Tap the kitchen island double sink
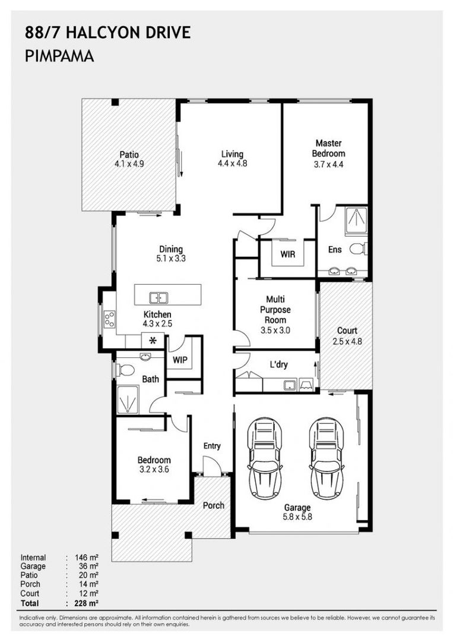tap(158, 298)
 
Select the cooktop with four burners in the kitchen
tap(110, 319)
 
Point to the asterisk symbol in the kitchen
tap(153, 340)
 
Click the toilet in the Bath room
tap(125, 370)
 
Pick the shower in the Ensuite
tap(356, 222)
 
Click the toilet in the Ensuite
tap(359, 248)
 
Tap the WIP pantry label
tap(180, 360)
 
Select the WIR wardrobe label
tap(288, 254)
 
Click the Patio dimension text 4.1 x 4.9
tap(129, 164)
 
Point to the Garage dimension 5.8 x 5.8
tap(297, 517)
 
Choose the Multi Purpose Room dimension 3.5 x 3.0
tap(275, 330)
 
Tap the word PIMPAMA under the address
tap(59, 56)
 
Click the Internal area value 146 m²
tap(87, 557)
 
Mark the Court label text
tap(347, 331)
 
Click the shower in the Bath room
tap(128, 399)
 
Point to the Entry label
tap(212, 446)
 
